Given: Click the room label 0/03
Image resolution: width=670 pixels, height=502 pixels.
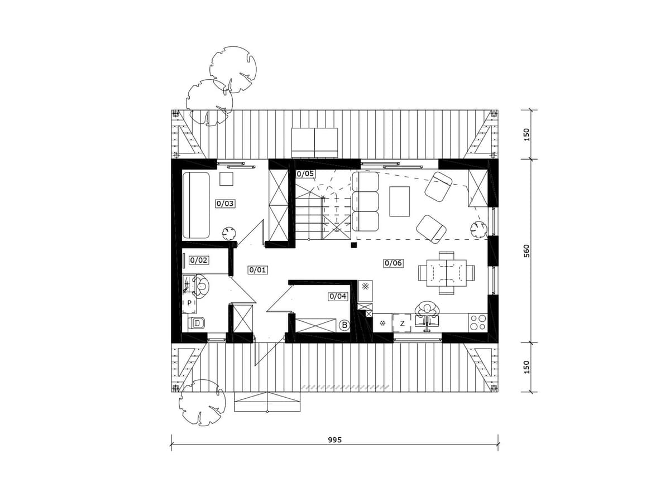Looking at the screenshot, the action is click(x=225, y=203).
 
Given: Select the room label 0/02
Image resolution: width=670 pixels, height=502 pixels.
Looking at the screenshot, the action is click(x=199, y=260).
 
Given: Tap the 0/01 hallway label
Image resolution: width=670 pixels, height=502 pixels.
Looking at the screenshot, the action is click(x=258, y=270).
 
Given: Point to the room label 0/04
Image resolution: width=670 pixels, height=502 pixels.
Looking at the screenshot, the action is click(x=338, y=296).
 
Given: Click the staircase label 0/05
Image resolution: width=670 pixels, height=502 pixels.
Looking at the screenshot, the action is click(x=305, y=173).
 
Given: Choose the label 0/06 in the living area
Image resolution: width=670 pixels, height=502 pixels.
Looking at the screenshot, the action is click(x=393, y=263).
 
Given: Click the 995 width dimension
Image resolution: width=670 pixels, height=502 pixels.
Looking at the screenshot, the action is click(x=335, y=440).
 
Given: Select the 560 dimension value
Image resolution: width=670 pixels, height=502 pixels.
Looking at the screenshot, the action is click(x=527, y=251).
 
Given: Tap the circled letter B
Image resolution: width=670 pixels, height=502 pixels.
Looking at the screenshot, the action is click(x=344, y=325).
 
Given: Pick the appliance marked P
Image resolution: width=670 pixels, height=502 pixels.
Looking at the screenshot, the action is click(x=189, y=303).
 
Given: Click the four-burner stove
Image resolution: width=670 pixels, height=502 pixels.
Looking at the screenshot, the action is click(x=478, y=322).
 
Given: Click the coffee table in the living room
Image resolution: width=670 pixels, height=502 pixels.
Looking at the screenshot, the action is click(x=399, y=201).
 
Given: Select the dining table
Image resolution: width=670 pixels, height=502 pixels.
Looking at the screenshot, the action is click(x=446, y=273).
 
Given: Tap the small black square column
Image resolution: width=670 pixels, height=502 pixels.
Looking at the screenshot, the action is click(x=354, y=245).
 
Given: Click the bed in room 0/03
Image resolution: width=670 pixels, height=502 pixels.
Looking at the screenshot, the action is click(x=196, y=205).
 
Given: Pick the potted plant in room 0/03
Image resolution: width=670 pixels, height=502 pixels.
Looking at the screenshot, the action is click(x=228, y=234).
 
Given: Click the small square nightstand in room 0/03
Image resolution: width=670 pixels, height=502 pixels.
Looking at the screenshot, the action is click(x=227, y=178).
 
